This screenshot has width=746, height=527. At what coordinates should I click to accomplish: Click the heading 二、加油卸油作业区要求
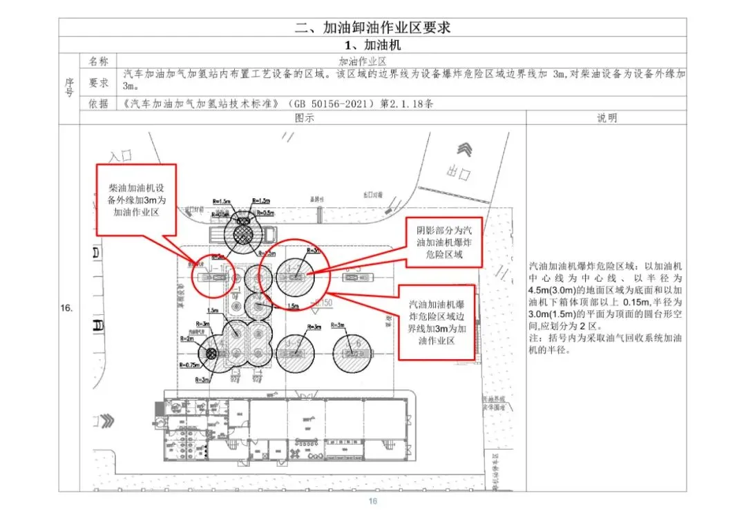pos(372,28)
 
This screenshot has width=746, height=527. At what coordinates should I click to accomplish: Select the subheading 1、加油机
pos(372,45)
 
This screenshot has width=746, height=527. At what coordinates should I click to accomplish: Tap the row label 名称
pos(99,61)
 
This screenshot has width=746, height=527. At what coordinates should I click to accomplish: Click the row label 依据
pos(99,104)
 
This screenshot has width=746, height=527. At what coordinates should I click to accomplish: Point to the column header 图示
pos(304,118)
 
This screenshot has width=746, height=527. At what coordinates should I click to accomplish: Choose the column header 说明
pos(606,118)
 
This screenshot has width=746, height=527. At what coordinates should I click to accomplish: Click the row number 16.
pos(67,308)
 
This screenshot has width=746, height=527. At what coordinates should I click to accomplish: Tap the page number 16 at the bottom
pos(373,501)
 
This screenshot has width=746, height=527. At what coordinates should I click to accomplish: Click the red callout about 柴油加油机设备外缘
pos(136,200)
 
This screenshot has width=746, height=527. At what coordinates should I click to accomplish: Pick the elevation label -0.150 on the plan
pos(323,303)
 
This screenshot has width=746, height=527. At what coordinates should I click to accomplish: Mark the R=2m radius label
pos(186,339)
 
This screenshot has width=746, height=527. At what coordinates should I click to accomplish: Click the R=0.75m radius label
pos(187,365)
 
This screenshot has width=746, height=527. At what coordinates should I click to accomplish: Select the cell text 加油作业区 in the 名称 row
pos(366,61)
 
